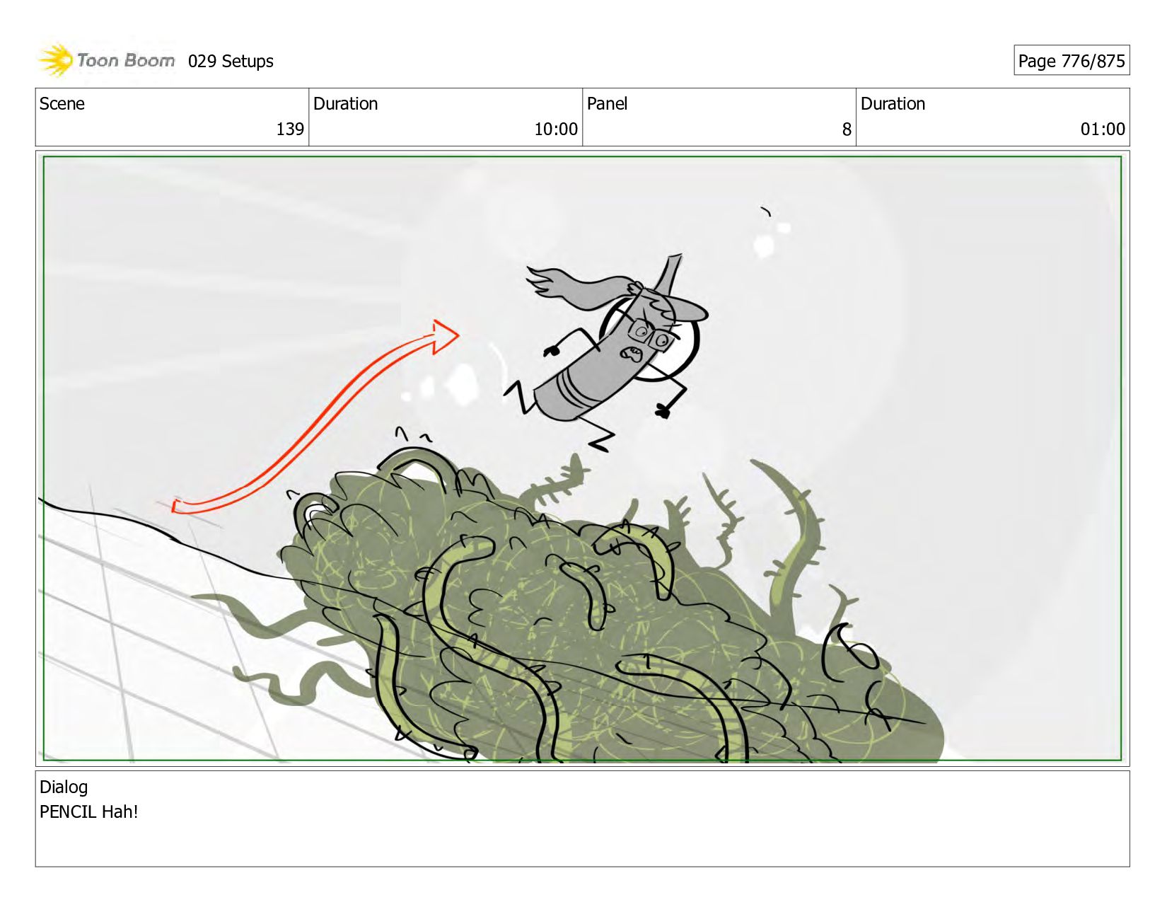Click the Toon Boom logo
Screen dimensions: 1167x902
click(x=106, y=60)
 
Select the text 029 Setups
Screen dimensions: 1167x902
click(x=231, y=62)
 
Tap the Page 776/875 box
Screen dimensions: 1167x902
click(x=1072, y=60)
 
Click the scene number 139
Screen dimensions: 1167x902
click(x=290, y=129)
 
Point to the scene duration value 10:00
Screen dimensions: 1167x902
click(x=556, y=129)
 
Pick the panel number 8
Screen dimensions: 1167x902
click(x=847, y=129)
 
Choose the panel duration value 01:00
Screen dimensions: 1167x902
click(x=1103, y=129)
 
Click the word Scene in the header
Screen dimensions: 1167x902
click(x=62, y=104)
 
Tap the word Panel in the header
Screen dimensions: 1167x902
click(x=607, y=104)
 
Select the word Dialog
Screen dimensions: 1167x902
click(x=64, y=787)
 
